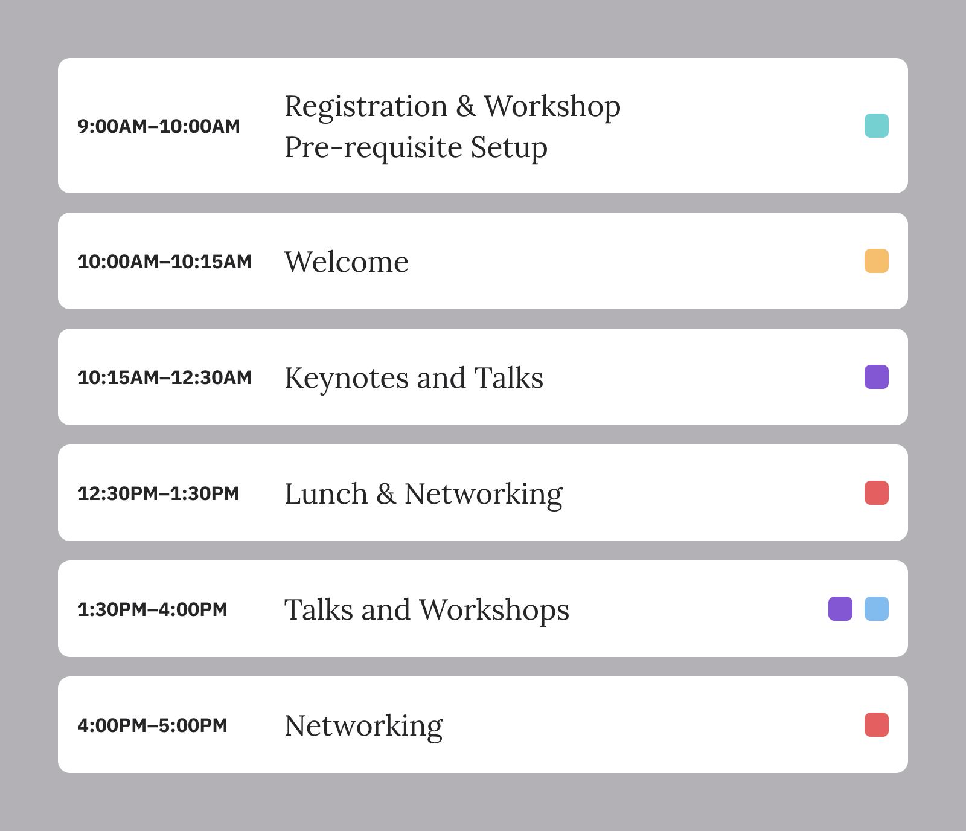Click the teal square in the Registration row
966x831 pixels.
877,126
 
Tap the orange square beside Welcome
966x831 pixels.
877,261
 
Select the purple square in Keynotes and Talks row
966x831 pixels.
877,377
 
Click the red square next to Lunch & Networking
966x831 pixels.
877,493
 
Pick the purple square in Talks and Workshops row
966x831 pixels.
840,609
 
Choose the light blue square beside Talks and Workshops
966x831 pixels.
877,609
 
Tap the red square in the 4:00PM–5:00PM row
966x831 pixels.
877,725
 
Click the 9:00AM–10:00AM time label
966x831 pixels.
159,126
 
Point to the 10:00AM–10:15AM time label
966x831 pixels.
165,261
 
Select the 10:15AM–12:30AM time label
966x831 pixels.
165,377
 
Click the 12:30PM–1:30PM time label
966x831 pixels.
158,493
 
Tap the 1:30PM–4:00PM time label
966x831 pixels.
153,609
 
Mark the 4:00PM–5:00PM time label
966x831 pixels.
153,725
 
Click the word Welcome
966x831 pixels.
347,261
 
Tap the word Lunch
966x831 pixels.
326,493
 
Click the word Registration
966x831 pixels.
366,107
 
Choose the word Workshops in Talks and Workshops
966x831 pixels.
494,610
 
